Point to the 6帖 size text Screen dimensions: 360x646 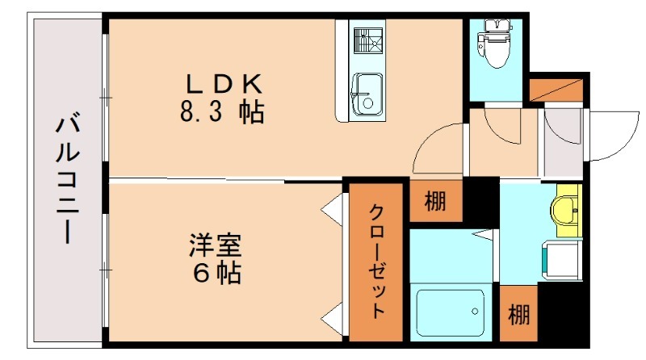click(x=216, y=273)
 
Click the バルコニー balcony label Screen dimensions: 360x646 click(x=69, y=180)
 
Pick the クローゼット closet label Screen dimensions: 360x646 click(x=375, y=262)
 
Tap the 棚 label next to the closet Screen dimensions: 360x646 click(x=435, y=200)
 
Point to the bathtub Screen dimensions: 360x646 click(x=450, y=312)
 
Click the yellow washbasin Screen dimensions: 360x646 click(x=564, y=209)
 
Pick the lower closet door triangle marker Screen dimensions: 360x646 click(x=333, y=316)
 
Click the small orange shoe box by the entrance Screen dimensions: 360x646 click(x=556, y=90)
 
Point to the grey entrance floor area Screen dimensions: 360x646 click(x=562, y=145)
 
